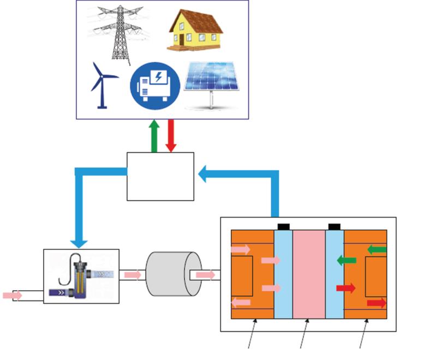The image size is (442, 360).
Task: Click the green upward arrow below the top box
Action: pyautogui.click(x=155, y=136)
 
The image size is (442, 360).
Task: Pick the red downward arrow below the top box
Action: pyautogui.click(x=170, y=136)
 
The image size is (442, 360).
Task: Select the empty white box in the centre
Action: pyautogui.click(x=160, y=176)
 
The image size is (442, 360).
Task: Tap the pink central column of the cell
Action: pyautogui.click(x=309, y=274)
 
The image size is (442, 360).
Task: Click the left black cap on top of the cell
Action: pyautogui.click(x=283, y=226)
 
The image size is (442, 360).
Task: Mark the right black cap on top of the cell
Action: pyautogui.click(x=335, y=226)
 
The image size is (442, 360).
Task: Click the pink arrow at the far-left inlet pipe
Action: pyautogui.click(x=13, y=295)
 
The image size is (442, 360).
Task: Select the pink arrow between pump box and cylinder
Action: pyautogui.click(x=133, y=274)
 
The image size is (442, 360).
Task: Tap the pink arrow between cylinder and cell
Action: pyautogui.click(x=205, y=275)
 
